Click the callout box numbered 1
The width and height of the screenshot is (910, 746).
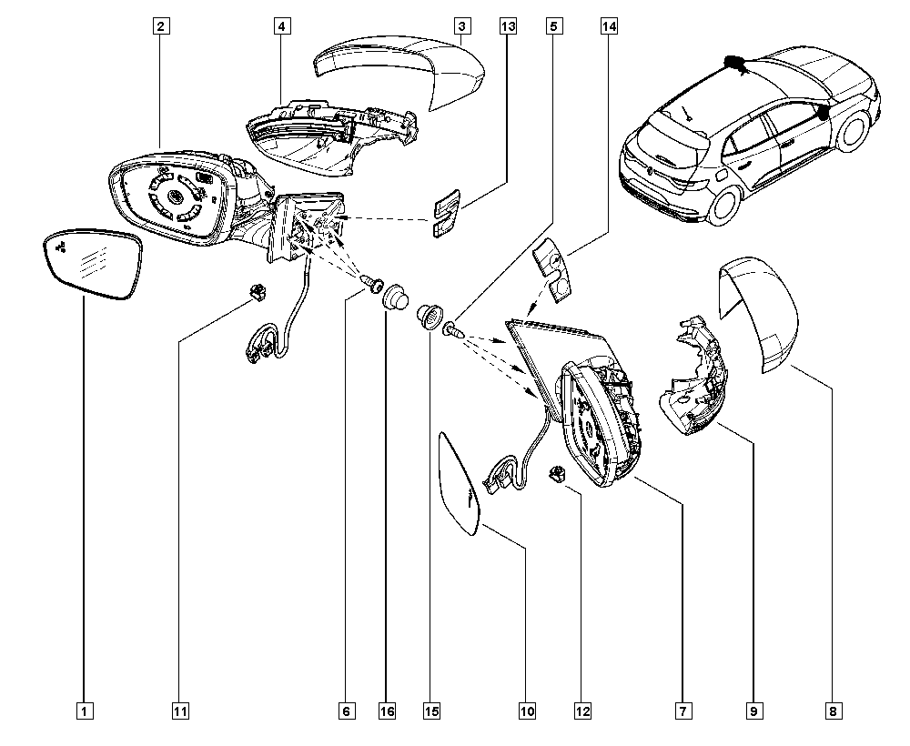[84, 711]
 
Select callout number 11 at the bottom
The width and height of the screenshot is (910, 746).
[180, 711]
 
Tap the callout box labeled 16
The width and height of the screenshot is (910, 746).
[387, 711]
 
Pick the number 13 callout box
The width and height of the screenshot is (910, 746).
[508, 26]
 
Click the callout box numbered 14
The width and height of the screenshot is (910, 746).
[609, 26]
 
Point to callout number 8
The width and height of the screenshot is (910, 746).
[833, 711]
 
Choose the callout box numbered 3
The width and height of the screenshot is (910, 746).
[462, 26]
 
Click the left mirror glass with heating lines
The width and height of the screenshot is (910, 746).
[93, 264]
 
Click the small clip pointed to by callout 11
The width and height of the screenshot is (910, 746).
[256, 290]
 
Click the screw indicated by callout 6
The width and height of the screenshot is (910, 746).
[371, 283]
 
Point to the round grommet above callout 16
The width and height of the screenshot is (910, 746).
[395, 296]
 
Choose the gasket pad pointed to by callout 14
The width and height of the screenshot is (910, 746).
[552, 271]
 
